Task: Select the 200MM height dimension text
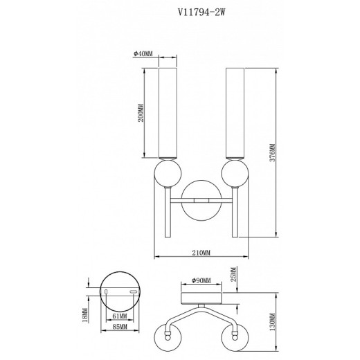(141, 111)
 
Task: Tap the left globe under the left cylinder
(166, 173)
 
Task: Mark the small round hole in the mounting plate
(107, 292)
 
